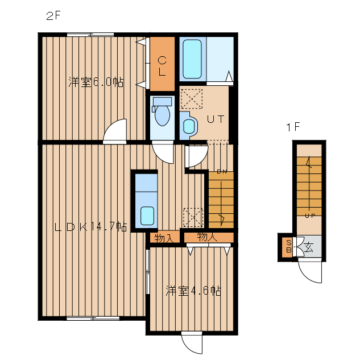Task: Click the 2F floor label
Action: [53, 16]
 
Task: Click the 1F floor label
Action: [293, 127]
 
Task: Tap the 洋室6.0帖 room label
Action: [96, 82]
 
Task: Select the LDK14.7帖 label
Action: [91, 227]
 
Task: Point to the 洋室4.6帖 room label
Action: [193, 291]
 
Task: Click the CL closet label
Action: [162, 66]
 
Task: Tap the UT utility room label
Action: [216, 119]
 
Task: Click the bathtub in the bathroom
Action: [192, 59]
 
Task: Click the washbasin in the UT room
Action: [189, 126]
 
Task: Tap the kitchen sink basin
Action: [147, 216]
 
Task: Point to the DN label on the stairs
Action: [222, 172]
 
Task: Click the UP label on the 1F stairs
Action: [310, 216]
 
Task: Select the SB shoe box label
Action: [288, 246]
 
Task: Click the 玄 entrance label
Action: [309, 247]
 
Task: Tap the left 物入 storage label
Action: [164, 238]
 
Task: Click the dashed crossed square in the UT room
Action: [192, 99]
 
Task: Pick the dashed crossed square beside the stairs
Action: [193, 217]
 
